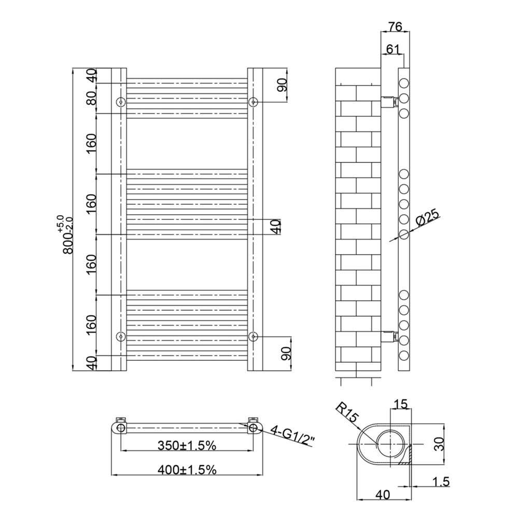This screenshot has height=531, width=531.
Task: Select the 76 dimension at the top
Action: coord(395,26)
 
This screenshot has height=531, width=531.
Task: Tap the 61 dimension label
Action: coord(393,49)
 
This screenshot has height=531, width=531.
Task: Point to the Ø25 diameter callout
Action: coord(427,218)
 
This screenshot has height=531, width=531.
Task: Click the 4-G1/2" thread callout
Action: coord(293,436)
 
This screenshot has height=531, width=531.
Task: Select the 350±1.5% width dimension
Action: coord(187,445)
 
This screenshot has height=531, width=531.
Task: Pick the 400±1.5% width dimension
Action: coord(187,470)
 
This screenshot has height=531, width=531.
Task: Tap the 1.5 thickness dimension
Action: coord(441,481)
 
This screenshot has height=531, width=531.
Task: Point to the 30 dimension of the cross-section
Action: coord(439,444)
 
